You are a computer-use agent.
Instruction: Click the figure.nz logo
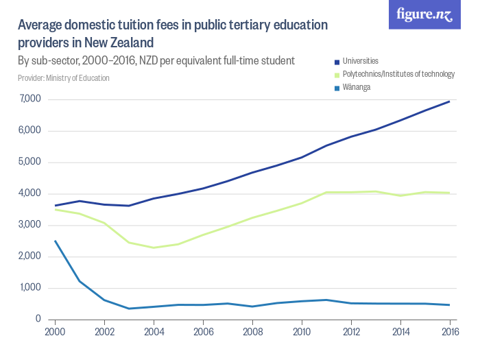(425, 15)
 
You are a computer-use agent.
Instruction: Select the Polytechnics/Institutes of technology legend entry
(397, 74)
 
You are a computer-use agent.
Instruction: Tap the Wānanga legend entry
(357, 87)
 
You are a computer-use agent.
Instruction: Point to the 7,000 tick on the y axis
(31, 100)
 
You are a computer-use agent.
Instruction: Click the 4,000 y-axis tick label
(31, 194)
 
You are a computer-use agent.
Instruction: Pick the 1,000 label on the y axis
(31, 288)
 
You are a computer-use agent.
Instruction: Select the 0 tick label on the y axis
(39, 320)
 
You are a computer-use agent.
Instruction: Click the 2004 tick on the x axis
(154, 331)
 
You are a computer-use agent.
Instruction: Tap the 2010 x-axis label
(302, 331)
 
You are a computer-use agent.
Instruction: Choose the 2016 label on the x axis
(449, 331)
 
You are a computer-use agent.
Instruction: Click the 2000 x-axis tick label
(55, 331)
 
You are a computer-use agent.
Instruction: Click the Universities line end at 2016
(449, 101)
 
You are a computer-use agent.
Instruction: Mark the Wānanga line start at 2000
(55, 241)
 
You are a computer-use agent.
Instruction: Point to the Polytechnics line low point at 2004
(154, 248)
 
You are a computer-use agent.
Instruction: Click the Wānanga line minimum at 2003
(129, 309)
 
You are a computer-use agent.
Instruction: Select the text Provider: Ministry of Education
(64, 78)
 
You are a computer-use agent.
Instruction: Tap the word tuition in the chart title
(118, 27)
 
